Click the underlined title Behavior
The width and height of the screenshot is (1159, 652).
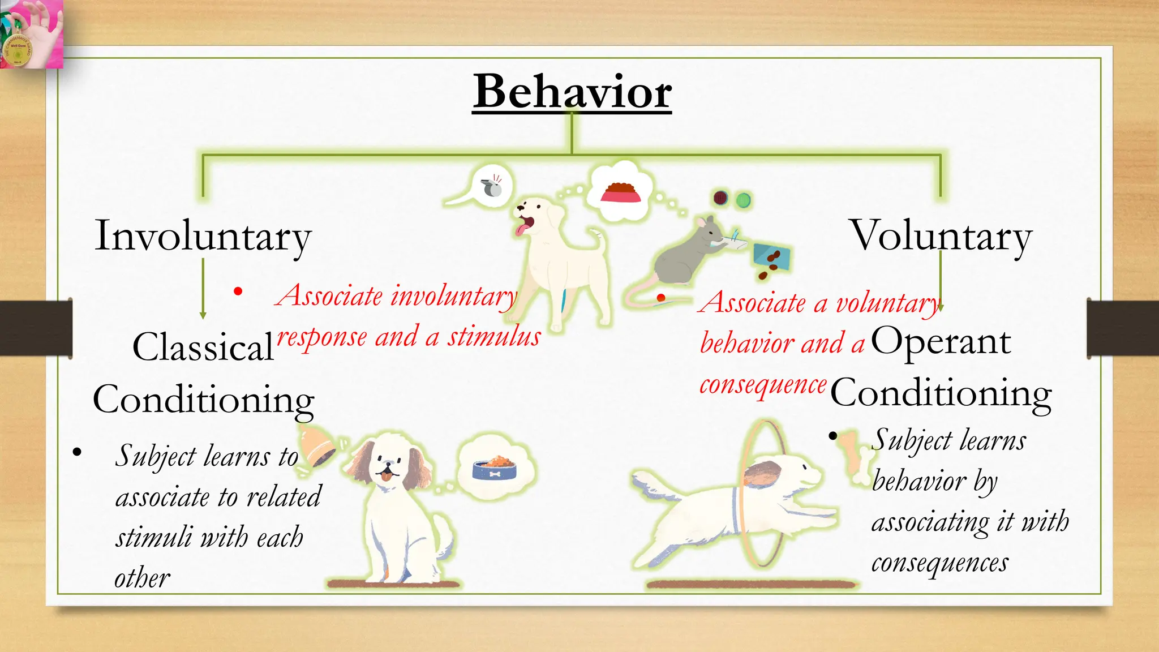click(572, 92)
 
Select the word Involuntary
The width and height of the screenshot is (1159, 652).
click(203, 236)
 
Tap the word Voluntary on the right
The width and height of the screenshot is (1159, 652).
click(941, 236)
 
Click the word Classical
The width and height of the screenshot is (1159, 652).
click(203, 346)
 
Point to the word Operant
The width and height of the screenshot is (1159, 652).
click(941, 341)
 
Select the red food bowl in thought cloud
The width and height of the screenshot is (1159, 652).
click(621, 192)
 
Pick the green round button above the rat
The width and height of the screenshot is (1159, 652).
click(743, 200)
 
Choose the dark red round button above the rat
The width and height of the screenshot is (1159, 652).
click(720, 198)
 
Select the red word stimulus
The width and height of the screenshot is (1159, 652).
click(494, 337)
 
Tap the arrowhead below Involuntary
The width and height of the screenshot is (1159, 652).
click(203, 315)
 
